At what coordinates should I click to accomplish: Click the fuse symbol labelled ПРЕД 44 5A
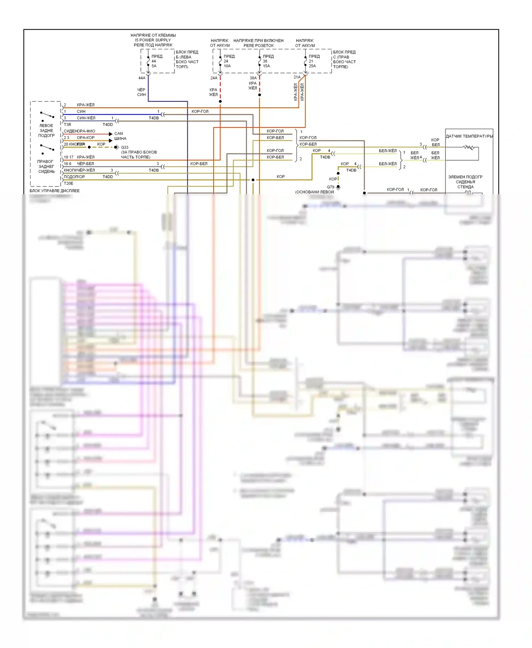(148, 61)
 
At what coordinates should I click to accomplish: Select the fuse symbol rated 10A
(220, 61)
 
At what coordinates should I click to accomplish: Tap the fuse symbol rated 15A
(260, 61)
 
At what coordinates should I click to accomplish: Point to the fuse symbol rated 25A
(305, 61)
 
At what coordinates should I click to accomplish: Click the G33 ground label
(124, 147)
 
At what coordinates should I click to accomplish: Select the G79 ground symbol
(338, 188)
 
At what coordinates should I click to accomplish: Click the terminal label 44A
(142, 78)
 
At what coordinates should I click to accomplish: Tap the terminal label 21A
(297, 77)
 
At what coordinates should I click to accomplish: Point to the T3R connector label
(67, 125)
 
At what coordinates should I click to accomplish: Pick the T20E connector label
(68, 184)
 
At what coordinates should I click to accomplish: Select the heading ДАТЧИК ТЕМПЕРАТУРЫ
(469, 136)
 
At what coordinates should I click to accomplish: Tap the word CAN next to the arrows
(118, 134)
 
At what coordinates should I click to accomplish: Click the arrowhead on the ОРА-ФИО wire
(111, 134)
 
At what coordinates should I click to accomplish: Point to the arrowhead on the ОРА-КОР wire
(111, 140)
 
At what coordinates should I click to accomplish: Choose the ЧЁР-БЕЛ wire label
(85, 164)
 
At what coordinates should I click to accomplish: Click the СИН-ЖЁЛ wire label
(86, 118)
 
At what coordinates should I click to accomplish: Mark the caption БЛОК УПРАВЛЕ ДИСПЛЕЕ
(55, 191)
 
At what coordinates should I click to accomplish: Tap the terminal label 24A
(214, 78)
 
